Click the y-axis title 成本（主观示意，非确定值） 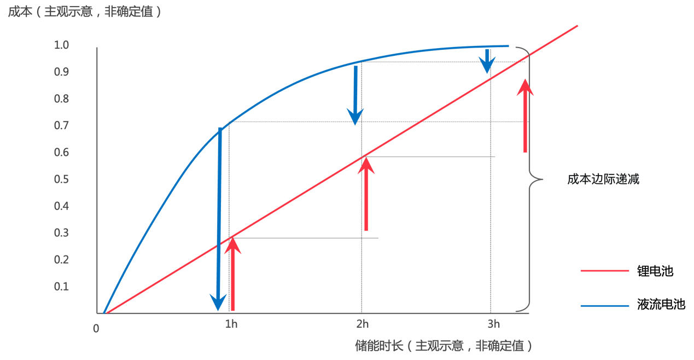click(85, 11)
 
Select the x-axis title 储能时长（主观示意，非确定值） click(444, 346)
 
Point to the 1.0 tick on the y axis click(62, 45)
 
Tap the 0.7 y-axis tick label click(62, 126)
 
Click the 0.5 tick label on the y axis click(62, 179)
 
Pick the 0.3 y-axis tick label click(62, 233)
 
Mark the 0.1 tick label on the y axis click(62, 287)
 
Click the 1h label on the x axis click(231, 324)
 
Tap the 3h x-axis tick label click(494, 324)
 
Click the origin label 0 click(96, 328)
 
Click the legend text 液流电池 click(661, 305)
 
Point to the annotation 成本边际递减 click(603, 179)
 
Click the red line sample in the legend click(605, 271)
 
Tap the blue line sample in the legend click(605, 305)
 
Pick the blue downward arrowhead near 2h click(356, 116)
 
